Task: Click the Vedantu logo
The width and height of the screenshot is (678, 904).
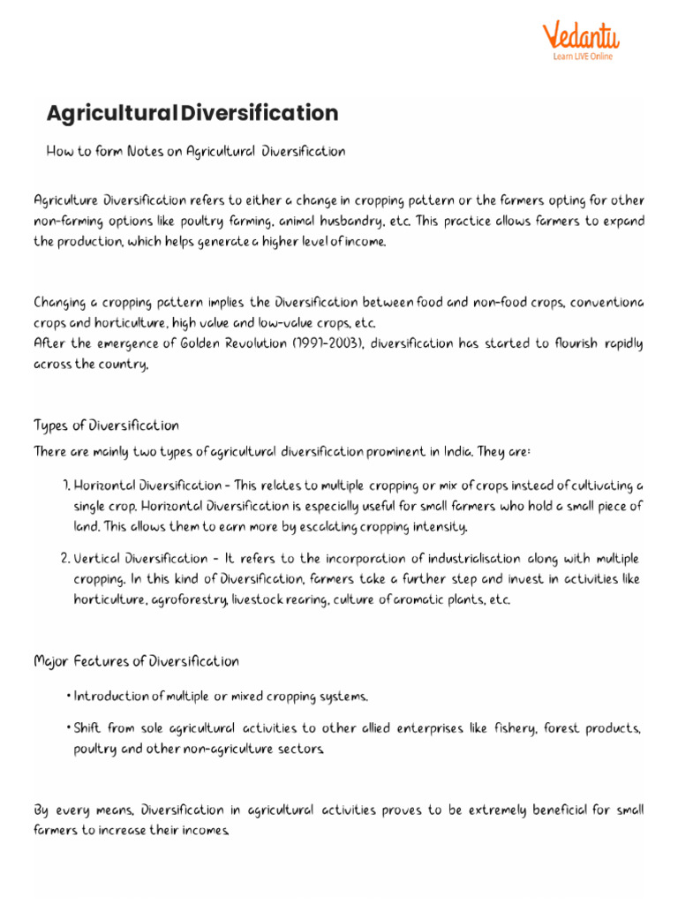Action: click(580, 35)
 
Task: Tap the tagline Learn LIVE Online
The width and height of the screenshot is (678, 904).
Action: click(583, 56)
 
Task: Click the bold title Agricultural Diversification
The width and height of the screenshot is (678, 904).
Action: click(192, 113)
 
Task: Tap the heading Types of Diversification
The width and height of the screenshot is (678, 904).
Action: click(106, 426)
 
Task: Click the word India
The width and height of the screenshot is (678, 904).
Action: click(456, 452)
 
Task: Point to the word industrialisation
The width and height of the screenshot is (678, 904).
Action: click(461, 560)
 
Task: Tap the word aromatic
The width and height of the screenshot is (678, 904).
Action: click(420, 600)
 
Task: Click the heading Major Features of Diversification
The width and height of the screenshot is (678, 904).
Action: click(136, 661)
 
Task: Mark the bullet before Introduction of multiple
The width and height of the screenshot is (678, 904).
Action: click(68, 697)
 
